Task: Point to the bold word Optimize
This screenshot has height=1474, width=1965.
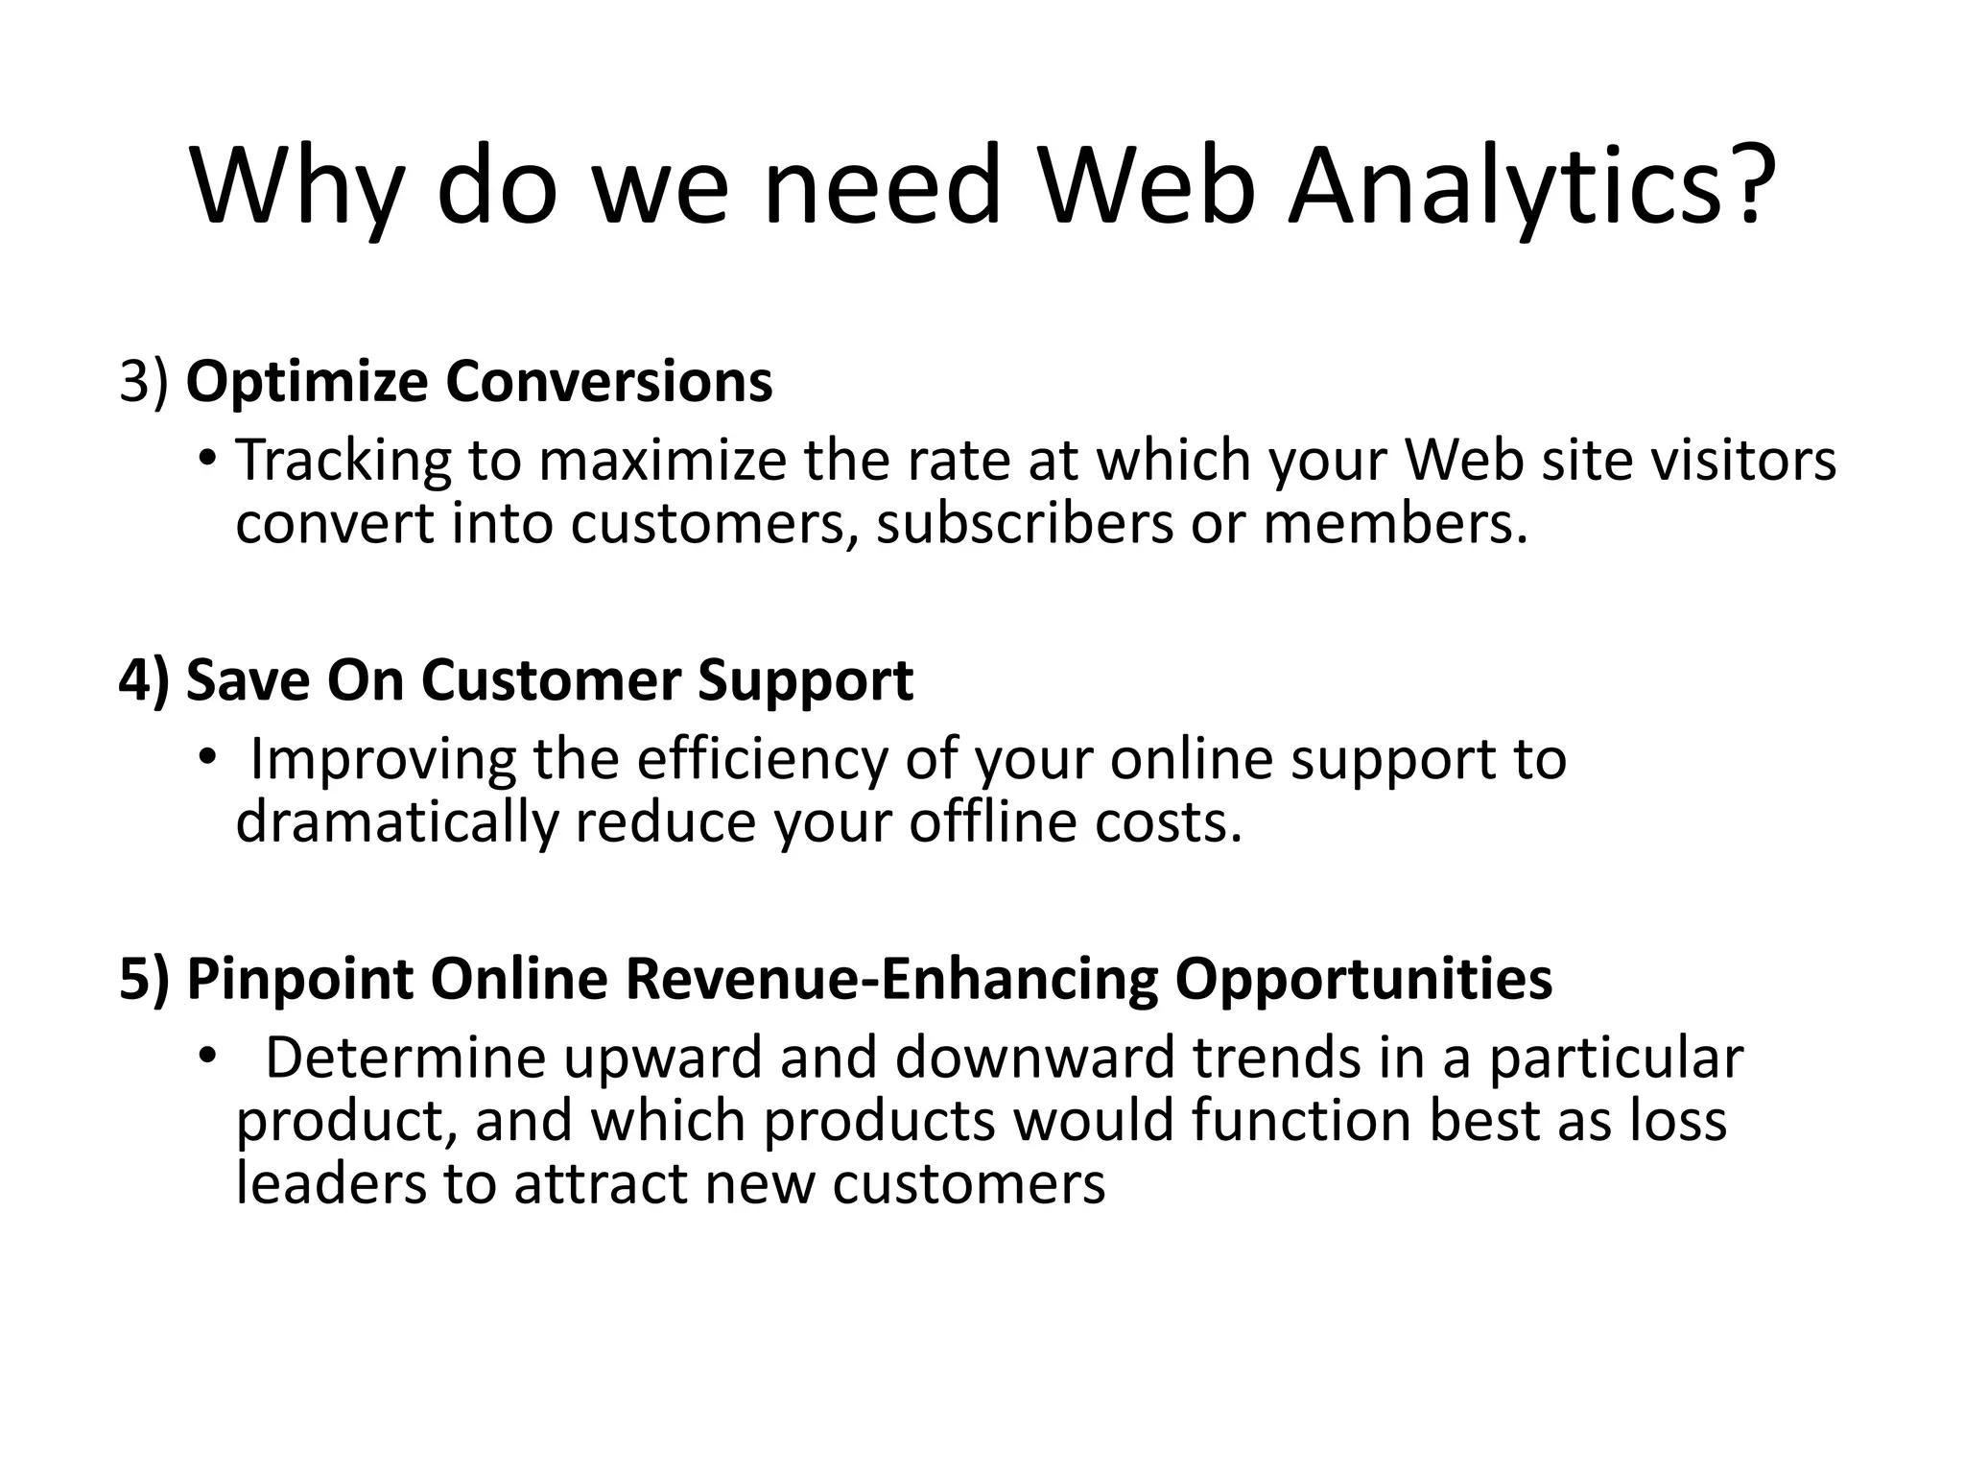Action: tap(306, 383)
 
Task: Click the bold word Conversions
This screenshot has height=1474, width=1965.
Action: tap(608, 381)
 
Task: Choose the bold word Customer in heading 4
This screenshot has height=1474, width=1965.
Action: tap(551, 680)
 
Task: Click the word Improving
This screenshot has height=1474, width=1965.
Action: tap(382, 761)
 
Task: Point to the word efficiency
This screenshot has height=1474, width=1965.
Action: tap(764, 761)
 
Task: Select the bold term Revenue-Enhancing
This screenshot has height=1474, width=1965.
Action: tap(891, 980)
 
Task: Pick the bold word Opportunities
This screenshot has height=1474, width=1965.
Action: tap(1363, 980)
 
